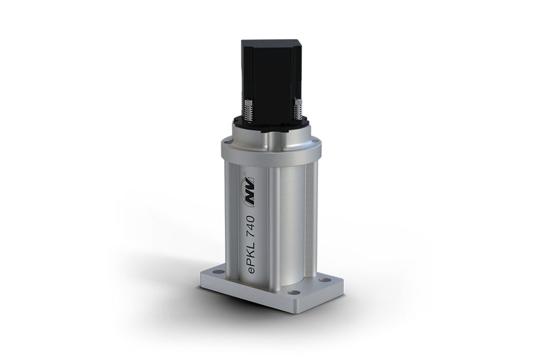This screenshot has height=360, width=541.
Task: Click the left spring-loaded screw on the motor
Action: click(x=247, y=111)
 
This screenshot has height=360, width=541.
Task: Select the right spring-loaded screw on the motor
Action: click(x=297, y=109)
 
